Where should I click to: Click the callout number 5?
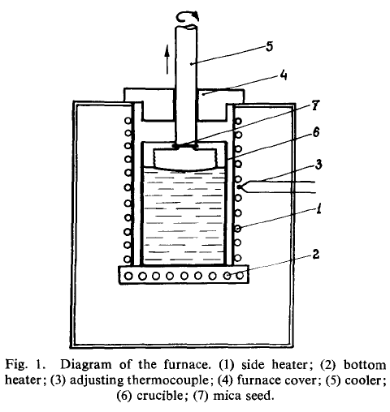point(269,46)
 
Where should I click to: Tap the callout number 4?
point(283,75)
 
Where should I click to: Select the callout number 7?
point(315,105)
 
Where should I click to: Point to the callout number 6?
point(316,132)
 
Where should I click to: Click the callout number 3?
point(318,164)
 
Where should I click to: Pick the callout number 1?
point(319,208)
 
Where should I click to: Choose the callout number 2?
point(316,254)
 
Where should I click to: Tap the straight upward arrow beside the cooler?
point(167,59)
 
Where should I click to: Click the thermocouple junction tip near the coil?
point(239,187)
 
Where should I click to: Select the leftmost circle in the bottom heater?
point(128,276)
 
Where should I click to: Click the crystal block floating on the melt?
point(185,160)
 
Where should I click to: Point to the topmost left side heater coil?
point(128,121)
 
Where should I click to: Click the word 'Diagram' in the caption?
point(85,365)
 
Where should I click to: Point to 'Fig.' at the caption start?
point(16,365)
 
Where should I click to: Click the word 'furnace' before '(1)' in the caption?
point(187,365)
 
